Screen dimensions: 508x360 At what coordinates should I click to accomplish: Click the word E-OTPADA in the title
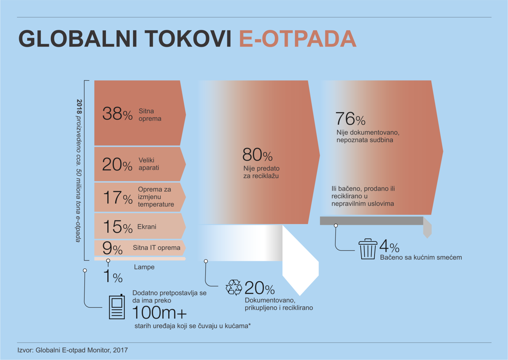(x=298, y=39)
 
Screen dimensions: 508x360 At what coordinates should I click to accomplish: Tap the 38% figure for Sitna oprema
(x=118, y=114)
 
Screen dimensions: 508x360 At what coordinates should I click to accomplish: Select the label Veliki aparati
(x=149, y=164)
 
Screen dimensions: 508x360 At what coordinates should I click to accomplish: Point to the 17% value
(x=118, y=197)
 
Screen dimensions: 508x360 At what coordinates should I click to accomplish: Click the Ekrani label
(x=147, y=226)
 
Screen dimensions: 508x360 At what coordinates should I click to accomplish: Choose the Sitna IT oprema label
(x=156, y=248)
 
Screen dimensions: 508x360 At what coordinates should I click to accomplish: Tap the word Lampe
(x=144, y=267)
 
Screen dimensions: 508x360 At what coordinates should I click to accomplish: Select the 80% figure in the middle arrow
(x=257, y=155)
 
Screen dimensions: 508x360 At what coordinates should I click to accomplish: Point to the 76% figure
(x=351, y=119)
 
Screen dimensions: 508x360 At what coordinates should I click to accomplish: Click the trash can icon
(x=367, y=249)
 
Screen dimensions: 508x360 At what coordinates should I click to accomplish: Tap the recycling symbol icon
(x=234, y=287)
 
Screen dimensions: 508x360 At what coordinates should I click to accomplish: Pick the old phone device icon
(x=117, y=307)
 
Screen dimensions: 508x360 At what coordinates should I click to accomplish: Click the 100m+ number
(x=159, y=313)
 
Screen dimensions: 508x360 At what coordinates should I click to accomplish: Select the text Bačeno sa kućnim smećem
(x=421, y=257)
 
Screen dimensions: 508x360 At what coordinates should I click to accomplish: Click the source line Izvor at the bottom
(x=72, y=350)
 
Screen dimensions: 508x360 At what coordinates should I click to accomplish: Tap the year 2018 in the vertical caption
(x=79, y=106)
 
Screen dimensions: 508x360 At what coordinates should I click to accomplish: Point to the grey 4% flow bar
(x=372, y=221)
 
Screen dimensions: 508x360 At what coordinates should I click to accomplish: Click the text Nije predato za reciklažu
(x=261, y=172)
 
